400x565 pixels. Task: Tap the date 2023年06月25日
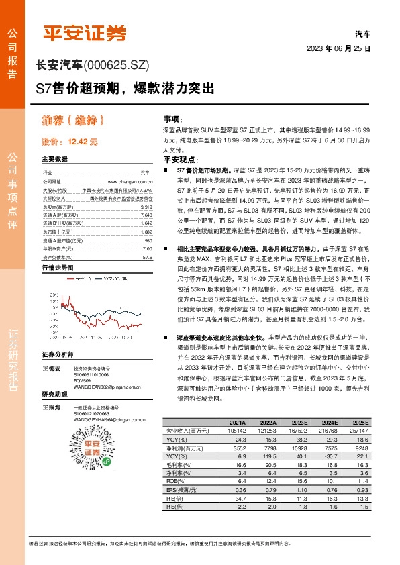click(338, 49)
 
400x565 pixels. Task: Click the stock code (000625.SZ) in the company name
click(117, 65)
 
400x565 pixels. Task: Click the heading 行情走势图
click(57, 268)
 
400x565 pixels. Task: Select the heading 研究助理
click(54, 395)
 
